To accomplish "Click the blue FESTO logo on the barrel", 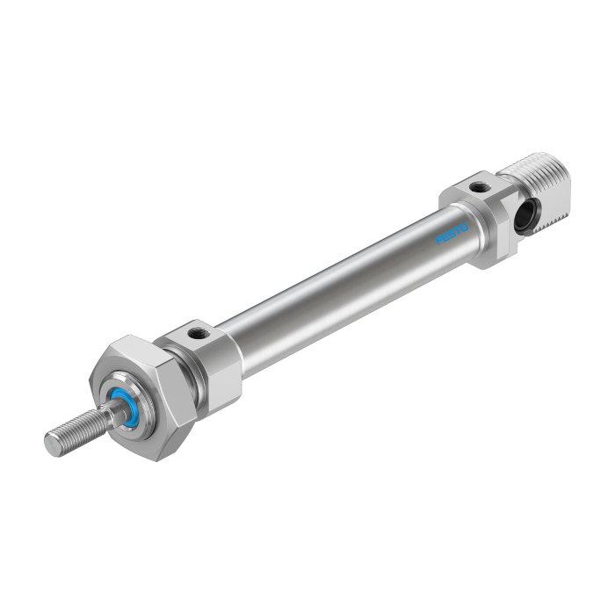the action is click(452, 235).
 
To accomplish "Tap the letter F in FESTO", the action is click(439, 241).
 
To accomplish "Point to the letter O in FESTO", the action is click(465, 228).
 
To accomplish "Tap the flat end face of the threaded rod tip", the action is click(52, 446).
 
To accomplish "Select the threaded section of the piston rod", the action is click(75, 432).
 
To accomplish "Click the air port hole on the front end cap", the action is click(194, 334).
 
